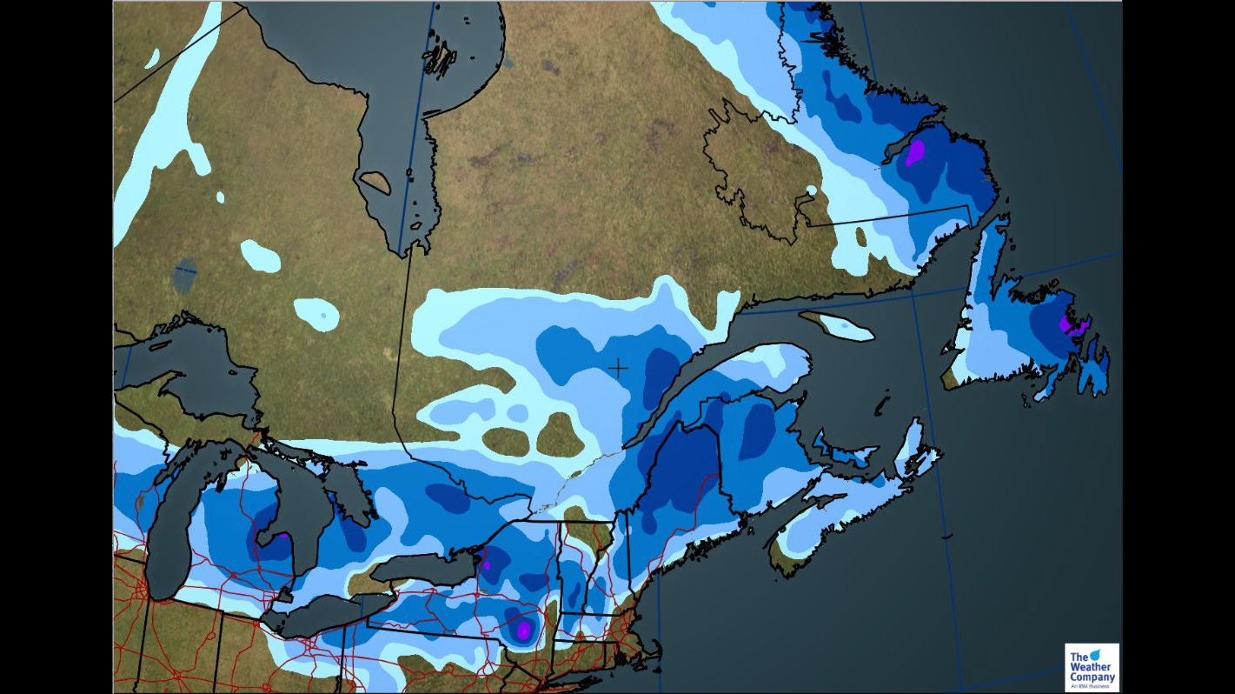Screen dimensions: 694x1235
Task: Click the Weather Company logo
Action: [x=1092, y=667]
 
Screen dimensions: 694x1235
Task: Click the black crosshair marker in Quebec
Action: [x=618, y=368]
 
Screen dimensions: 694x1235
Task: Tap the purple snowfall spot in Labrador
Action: [x=914, y=153]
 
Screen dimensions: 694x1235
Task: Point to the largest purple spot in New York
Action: [x=523, y=629]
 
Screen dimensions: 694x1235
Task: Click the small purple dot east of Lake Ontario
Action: [x=487, y=565]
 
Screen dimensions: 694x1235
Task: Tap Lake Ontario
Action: [x=426, y=570]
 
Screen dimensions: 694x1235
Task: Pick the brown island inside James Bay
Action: [x=375, y=182]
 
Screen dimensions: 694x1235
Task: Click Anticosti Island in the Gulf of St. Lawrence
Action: [x=836, y=325]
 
